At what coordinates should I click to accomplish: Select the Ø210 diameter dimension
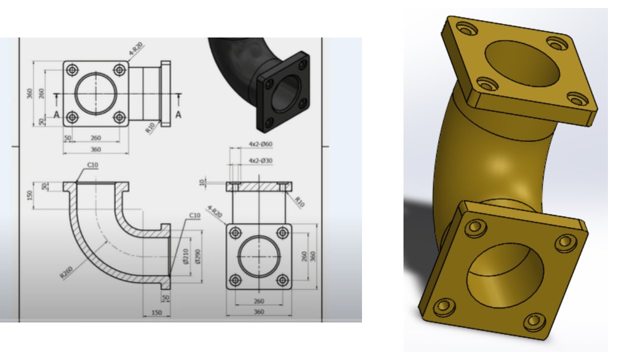[x=186, y=256]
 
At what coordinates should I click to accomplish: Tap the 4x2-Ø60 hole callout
[x=260, y=144]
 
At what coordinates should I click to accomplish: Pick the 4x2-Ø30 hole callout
[x=260, y=161]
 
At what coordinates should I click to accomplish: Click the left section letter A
[x=56, y=115]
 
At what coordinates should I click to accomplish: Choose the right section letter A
[x=178, y=115]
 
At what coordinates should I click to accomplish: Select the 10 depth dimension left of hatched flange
[x=202, y=182]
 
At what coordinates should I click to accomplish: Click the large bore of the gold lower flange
[x=505, y=275]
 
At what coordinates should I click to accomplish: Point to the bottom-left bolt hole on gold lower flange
[x=442, y=306]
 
